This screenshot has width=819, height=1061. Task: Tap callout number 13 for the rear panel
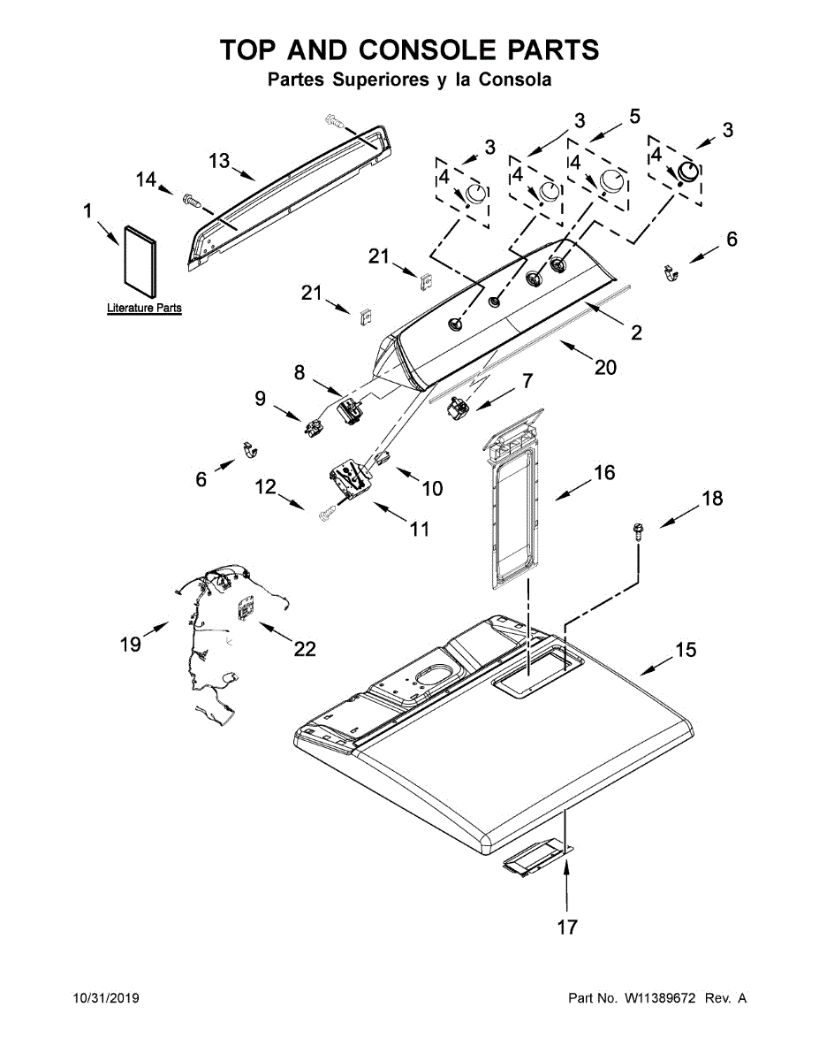[219, 161]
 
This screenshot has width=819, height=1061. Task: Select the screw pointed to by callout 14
[192, 201]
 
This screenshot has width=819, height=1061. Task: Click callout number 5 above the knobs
[633, 116]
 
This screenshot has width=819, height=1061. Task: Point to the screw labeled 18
[636, 530]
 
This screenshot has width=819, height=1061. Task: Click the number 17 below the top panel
[566, 927]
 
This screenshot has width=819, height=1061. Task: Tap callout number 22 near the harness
[304, 650]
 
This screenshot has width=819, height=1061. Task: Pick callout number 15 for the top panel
[686, 650]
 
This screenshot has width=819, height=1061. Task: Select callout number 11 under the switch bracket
[419, 529]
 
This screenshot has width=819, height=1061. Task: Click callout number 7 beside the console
[527, 381]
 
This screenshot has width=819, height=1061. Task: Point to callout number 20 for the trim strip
[604, 367]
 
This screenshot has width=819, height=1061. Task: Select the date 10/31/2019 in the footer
[105, 999]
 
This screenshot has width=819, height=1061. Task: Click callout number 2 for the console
[635, 332]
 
